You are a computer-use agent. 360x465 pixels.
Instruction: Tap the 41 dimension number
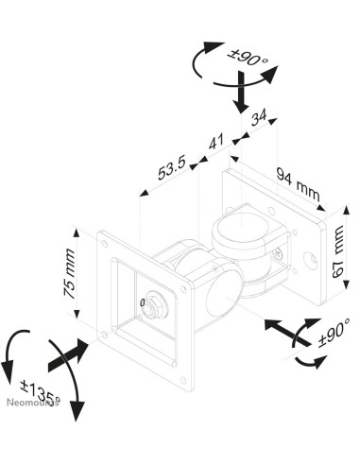[216, 142]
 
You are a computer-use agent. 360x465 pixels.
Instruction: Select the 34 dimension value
[259, 117]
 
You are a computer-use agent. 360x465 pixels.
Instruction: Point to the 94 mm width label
[298, 184]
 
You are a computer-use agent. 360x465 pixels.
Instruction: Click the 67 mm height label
[338, 251]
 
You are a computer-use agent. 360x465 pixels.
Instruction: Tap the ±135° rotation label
[40, 392]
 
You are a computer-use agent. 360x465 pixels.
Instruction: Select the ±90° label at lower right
[334, 333]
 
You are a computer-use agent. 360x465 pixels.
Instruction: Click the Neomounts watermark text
[33, 403]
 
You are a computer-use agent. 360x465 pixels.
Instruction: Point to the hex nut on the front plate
[155, 305]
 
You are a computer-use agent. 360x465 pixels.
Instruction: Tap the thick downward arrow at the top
[241, 93]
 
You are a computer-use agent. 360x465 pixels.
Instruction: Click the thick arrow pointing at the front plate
[69, 355]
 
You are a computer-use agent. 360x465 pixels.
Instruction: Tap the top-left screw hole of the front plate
[104, 244]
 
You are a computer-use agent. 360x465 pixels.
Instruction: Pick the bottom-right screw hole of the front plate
[183, 380]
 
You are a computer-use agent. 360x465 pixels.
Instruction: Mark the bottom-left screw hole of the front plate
[103, 335]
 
